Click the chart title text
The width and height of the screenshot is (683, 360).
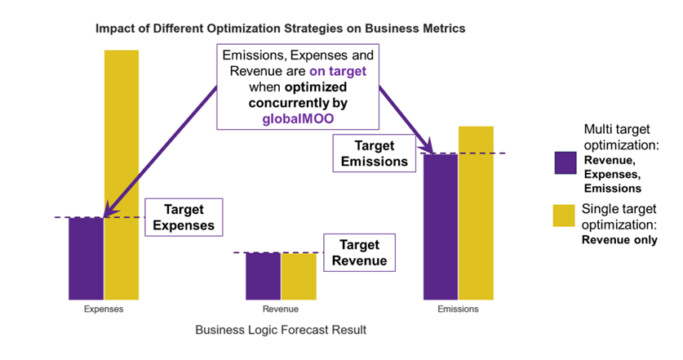point(280,28)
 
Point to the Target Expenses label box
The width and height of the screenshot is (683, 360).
point(184,217)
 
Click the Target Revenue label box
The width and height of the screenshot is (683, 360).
point(359,253)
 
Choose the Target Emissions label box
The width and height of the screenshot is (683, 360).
point(374,153)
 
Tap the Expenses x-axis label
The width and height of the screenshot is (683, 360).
point(104,309)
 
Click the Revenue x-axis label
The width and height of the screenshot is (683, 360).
point(280,309)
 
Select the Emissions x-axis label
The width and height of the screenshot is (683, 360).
point(458,309)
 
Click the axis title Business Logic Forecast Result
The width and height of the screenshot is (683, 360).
point(281,331)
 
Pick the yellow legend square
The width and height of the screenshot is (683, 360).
point(565,216)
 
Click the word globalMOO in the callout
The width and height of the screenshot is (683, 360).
point(298,118)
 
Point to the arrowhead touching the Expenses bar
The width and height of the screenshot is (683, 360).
point(111,214)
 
